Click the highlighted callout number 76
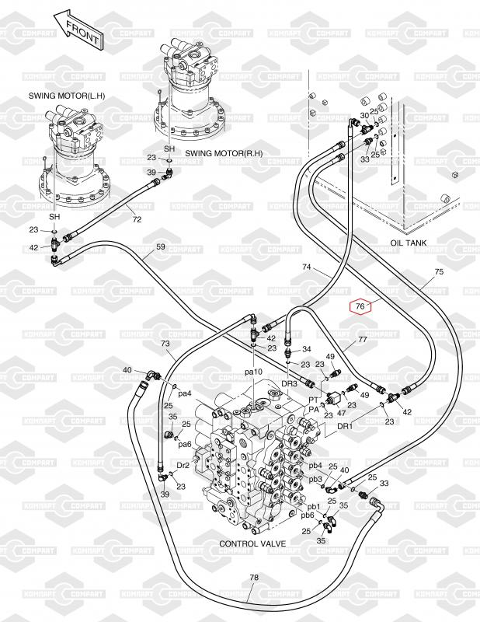click(360, 306)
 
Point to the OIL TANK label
click(409, 243)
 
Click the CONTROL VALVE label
click(254, 543)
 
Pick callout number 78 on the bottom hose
click(254, 578)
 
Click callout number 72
click(137, 220)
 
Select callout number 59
click(161, 247)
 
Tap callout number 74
click(308, 267)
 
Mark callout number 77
click(362, 341)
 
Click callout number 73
click(165, 343)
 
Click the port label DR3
click(289, 383)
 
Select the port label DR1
click(344, 426)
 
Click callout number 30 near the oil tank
click(364, 115)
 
